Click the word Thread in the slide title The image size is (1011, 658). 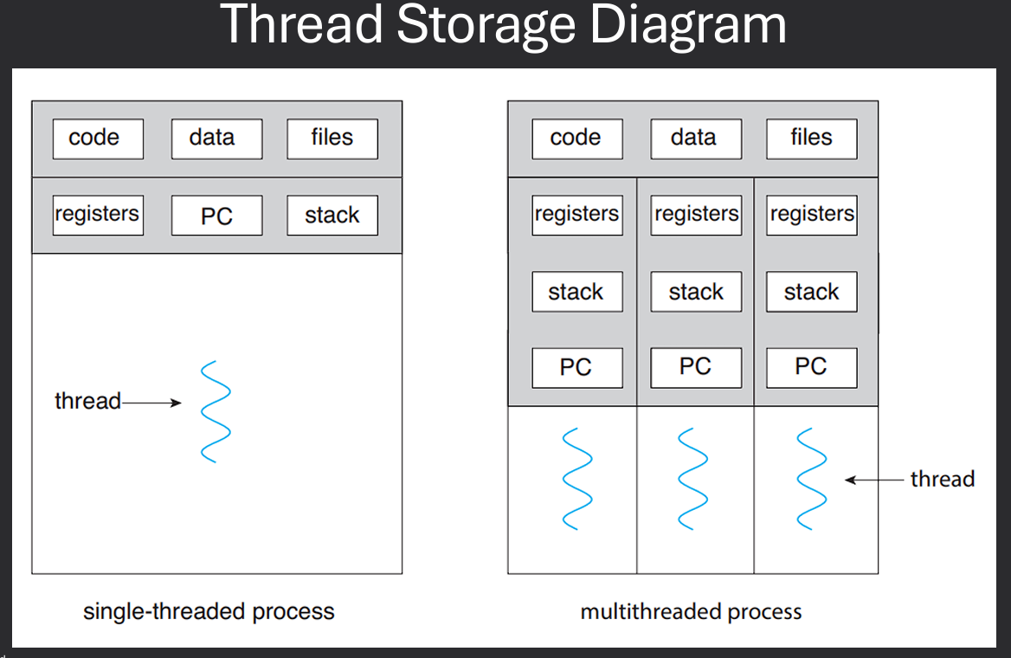pos(303,26)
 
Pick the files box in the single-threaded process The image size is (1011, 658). pos(332,139)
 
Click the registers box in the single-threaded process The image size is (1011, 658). pos(98,215)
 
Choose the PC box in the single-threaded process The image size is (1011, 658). pos(216,216)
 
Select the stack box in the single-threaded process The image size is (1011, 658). pos(332,216)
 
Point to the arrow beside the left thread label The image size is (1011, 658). pos(151,403)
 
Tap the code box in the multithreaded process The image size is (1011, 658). pos(576,139)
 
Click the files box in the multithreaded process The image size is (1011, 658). pos(811,139)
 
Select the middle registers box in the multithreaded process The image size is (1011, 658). pos(696,215)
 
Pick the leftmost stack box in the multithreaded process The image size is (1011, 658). pos(576,293)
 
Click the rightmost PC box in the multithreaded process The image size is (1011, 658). pos(811,368)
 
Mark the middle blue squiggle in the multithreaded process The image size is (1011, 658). pos(694,478)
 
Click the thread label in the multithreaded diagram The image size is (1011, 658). pos(942,480)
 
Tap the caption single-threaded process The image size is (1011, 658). pos(209,611)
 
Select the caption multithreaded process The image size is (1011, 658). pos(691,612)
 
